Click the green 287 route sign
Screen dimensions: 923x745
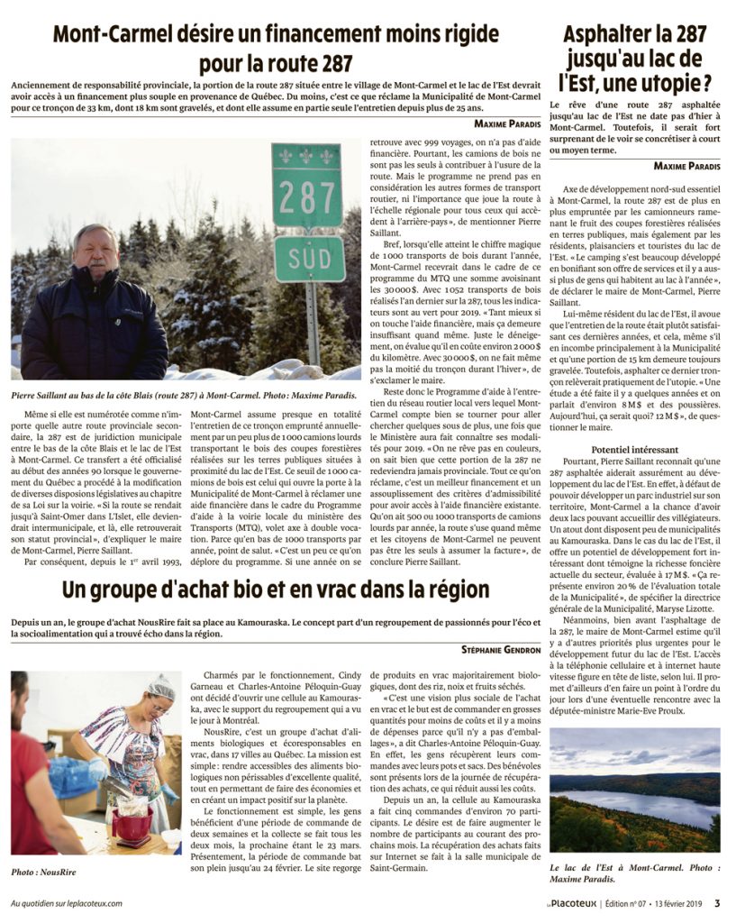coord(307,187)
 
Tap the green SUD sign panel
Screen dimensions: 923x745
coord(309,258)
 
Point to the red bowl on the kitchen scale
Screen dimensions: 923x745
coord(132,826)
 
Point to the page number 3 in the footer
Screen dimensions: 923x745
coord(717,902)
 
